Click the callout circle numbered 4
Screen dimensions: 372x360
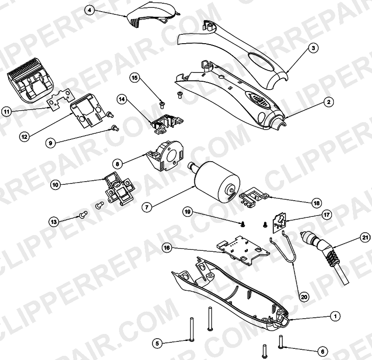click(89, 10)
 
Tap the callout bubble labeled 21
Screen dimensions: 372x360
click(365, 237)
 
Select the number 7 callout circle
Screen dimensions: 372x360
click(147, 207)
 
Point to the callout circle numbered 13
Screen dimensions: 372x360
click(54, 222)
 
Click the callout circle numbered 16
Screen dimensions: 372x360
click(167, 248)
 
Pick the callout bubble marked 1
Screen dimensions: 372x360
click(335, 316)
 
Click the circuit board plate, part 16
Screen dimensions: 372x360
click(242, 251)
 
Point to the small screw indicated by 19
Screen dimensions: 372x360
click(243, 224)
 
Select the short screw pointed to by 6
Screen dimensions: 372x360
click(281, 342)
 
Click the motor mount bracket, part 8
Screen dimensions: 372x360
click(165, 156)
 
